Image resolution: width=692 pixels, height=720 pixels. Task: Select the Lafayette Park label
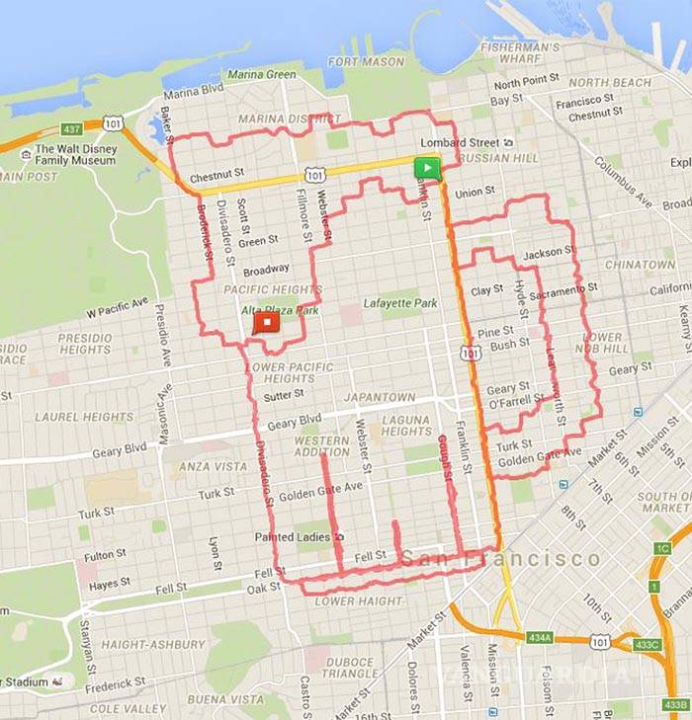[x=399, y=303]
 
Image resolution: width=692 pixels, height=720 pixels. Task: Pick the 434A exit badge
[x=540, y=638]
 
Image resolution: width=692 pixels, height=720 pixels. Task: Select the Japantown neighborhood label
[x=381, y=397]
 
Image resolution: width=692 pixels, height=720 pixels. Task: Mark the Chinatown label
[x=640, y=265]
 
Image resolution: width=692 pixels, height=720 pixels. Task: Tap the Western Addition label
[x=321, y=446]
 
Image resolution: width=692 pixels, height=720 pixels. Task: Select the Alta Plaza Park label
[x=281, y=310]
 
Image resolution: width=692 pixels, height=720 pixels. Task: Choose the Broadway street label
[x=266, y=270]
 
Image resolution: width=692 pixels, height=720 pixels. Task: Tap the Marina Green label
[x=261, y=74]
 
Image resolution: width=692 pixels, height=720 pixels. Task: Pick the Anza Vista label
[x=213, y=466]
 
